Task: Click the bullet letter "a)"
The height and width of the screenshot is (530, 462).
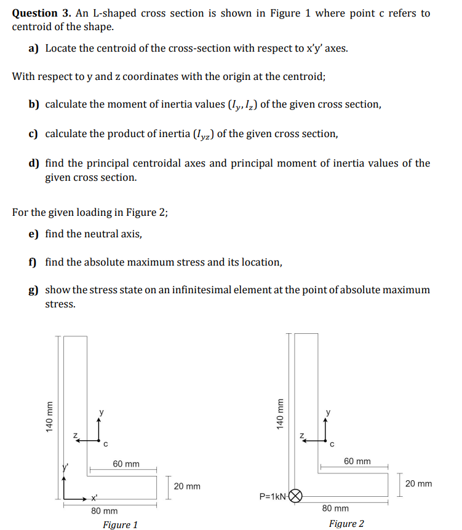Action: [34, 47]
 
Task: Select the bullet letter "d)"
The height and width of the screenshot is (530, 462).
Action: [34, 163]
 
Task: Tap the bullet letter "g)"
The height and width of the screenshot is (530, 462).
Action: [34, 290]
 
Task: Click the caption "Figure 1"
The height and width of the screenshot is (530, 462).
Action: [120, 524]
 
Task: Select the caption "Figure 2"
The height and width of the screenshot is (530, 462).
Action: [346, 524]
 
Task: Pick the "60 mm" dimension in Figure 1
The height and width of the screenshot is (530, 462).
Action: [126, 464]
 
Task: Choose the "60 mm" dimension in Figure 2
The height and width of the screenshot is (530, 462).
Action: [357, 461]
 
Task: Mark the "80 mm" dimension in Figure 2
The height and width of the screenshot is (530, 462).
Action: [335, 508]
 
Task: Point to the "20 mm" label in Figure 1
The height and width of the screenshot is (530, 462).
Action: [187, 486]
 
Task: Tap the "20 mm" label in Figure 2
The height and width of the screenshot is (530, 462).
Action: [418, 484]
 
